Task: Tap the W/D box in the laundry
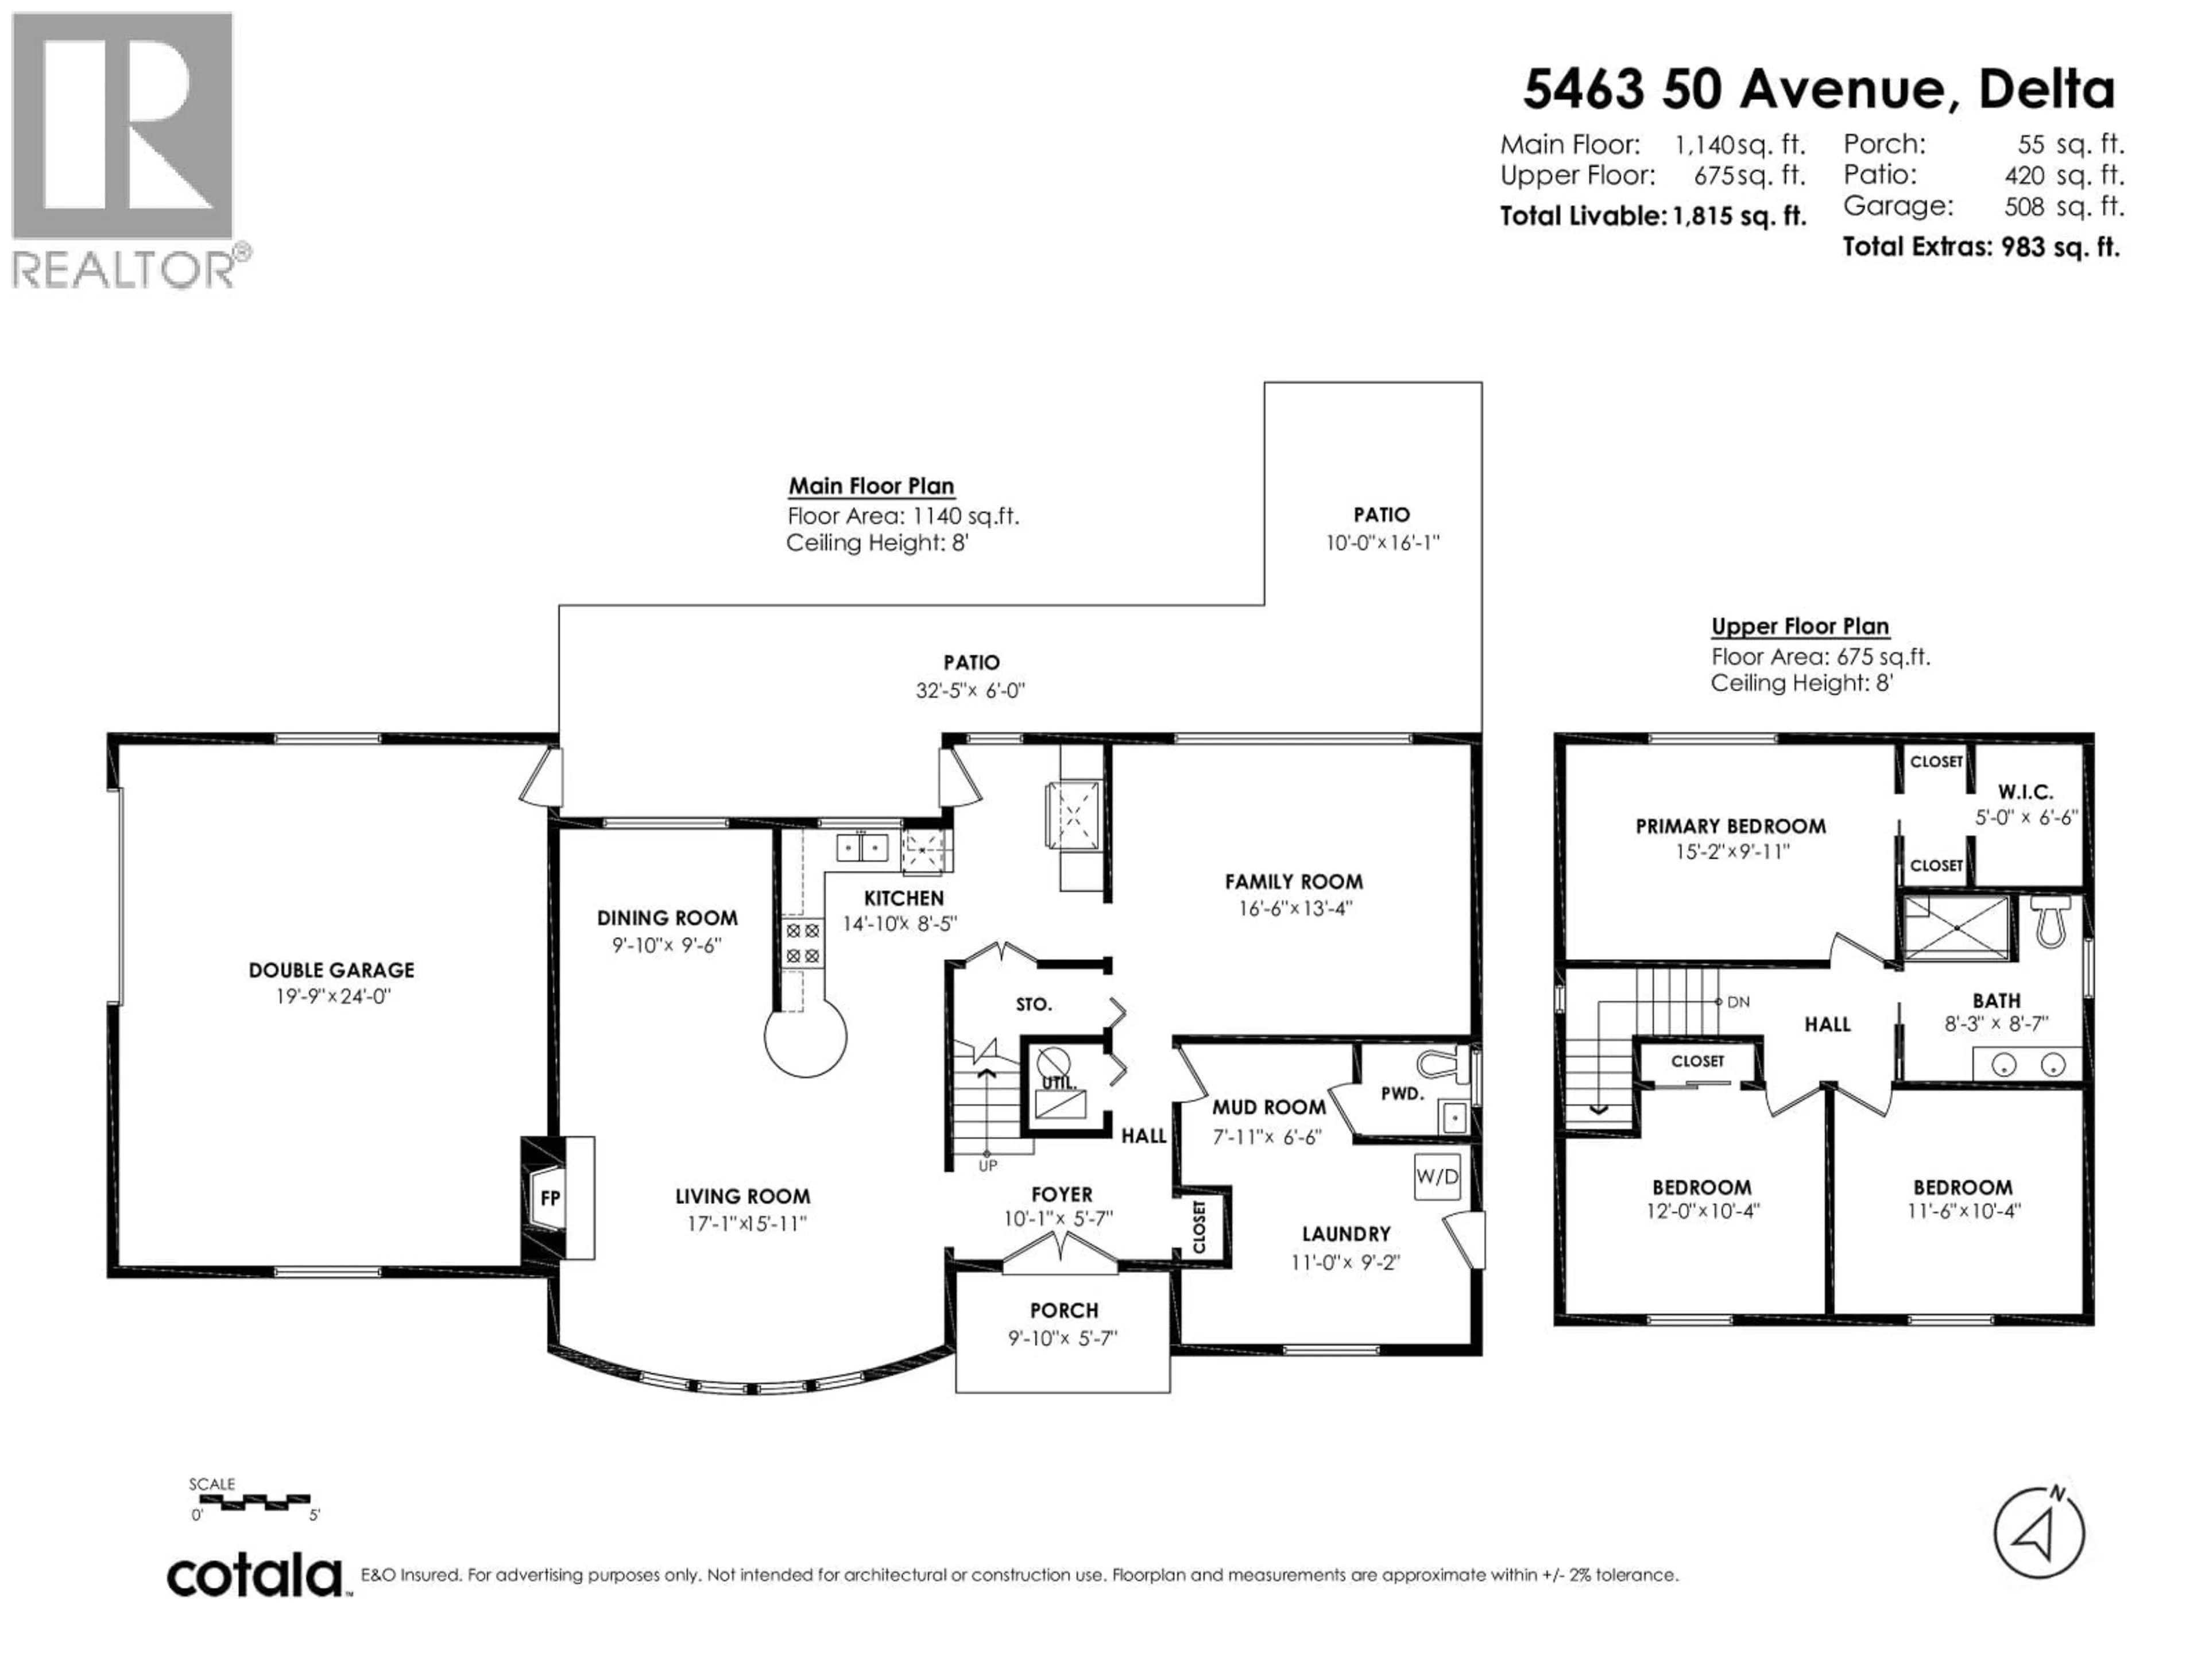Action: pos(1437,1176)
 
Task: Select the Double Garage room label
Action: pos(331,970)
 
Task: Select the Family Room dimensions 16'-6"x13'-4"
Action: pos(1293,908)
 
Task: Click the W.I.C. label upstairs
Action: pos(2026,793)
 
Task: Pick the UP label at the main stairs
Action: pos(987,1165)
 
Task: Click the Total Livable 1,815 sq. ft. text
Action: pos(1653,217)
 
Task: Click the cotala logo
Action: pos(255,1576)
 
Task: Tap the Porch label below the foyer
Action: pos(1063,1310)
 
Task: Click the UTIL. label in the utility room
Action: pos(1057,1083)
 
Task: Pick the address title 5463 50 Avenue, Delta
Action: pos(1818,90)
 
